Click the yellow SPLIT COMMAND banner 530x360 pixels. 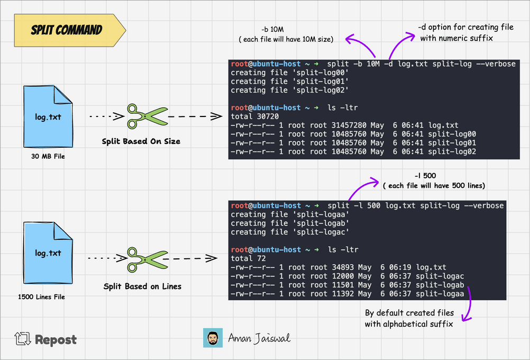pos(70,30)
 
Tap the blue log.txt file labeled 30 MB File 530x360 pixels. pos(48,116)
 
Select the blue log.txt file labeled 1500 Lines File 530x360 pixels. pos(48,253)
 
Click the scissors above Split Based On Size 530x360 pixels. pos(147,116)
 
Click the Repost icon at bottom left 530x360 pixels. pos(23,339)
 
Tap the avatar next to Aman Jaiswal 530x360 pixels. pos(213,338)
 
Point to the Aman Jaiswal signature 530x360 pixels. pos(259,338)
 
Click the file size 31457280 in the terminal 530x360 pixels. pos(349,125)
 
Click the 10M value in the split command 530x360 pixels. pos(373,64)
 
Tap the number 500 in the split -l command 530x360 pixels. pos(373,206)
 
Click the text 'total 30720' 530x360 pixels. pos(255,116)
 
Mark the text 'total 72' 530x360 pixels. pos(248,258)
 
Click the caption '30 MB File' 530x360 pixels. pos(48,156)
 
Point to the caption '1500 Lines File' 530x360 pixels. pos(41,296)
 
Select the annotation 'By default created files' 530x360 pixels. pos(409,313)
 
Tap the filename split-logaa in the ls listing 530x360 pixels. pos(440,294)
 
